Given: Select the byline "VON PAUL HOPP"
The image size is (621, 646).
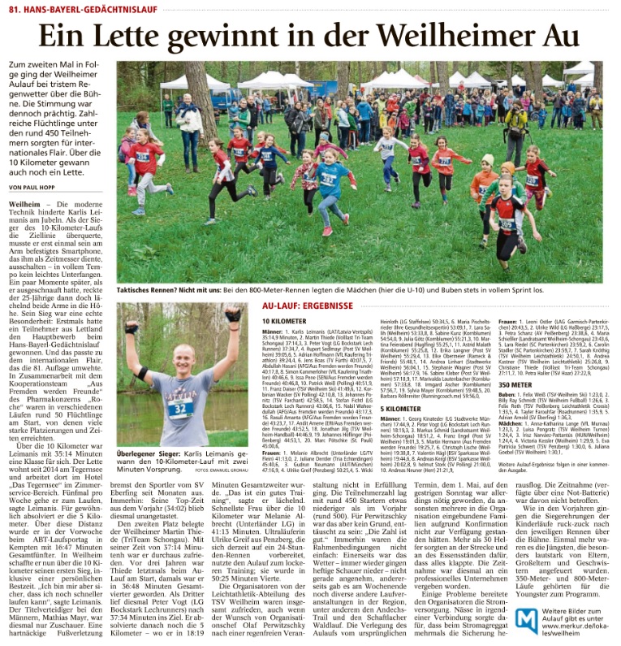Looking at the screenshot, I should (37, 187).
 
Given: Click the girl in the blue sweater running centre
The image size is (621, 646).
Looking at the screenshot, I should (330, 183).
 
